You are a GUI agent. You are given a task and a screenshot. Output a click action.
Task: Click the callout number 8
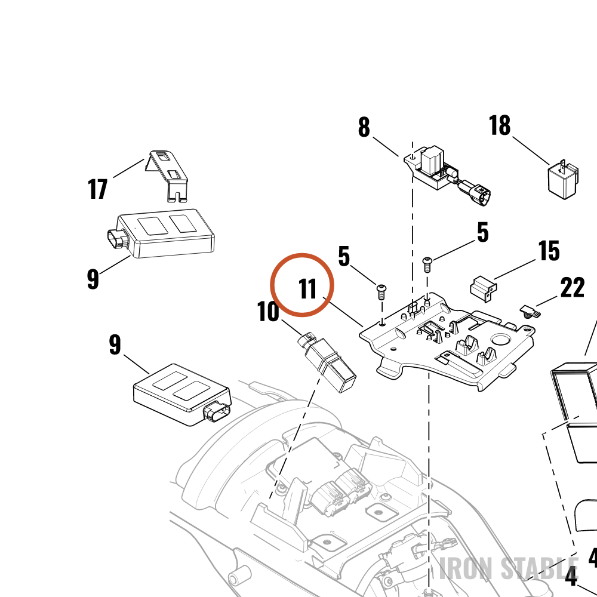tap(364, 127)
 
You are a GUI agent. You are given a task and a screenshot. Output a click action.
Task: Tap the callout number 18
tap(500, 125)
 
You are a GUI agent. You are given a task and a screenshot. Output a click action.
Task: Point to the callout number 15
tap(549, 251)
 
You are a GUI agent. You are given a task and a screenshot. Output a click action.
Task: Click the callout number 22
tap(573, 288)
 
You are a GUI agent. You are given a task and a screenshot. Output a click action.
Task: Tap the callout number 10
tap(268, 312)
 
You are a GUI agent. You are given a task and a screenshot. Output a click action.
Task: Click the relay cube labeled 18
tap(563, 180)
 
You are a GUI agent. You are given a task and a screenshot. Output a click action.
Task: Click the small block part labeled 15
tap(484, 288)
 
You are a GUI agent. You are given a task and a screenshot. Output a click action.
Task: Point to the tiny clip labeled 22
tap(530, 312)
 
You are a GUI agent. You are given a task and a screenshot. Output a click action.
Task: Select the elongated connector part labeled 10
tap(327, 362)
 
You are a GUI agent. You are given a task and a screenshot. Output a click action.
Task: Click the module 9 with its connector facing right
tap(182, 395)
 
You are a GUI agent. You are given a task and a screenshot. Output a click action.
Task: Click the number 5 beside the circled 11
tap(344, 256)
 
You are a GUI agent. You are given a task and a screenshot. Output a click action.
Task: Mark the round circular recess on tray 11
tap(502, 339)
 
